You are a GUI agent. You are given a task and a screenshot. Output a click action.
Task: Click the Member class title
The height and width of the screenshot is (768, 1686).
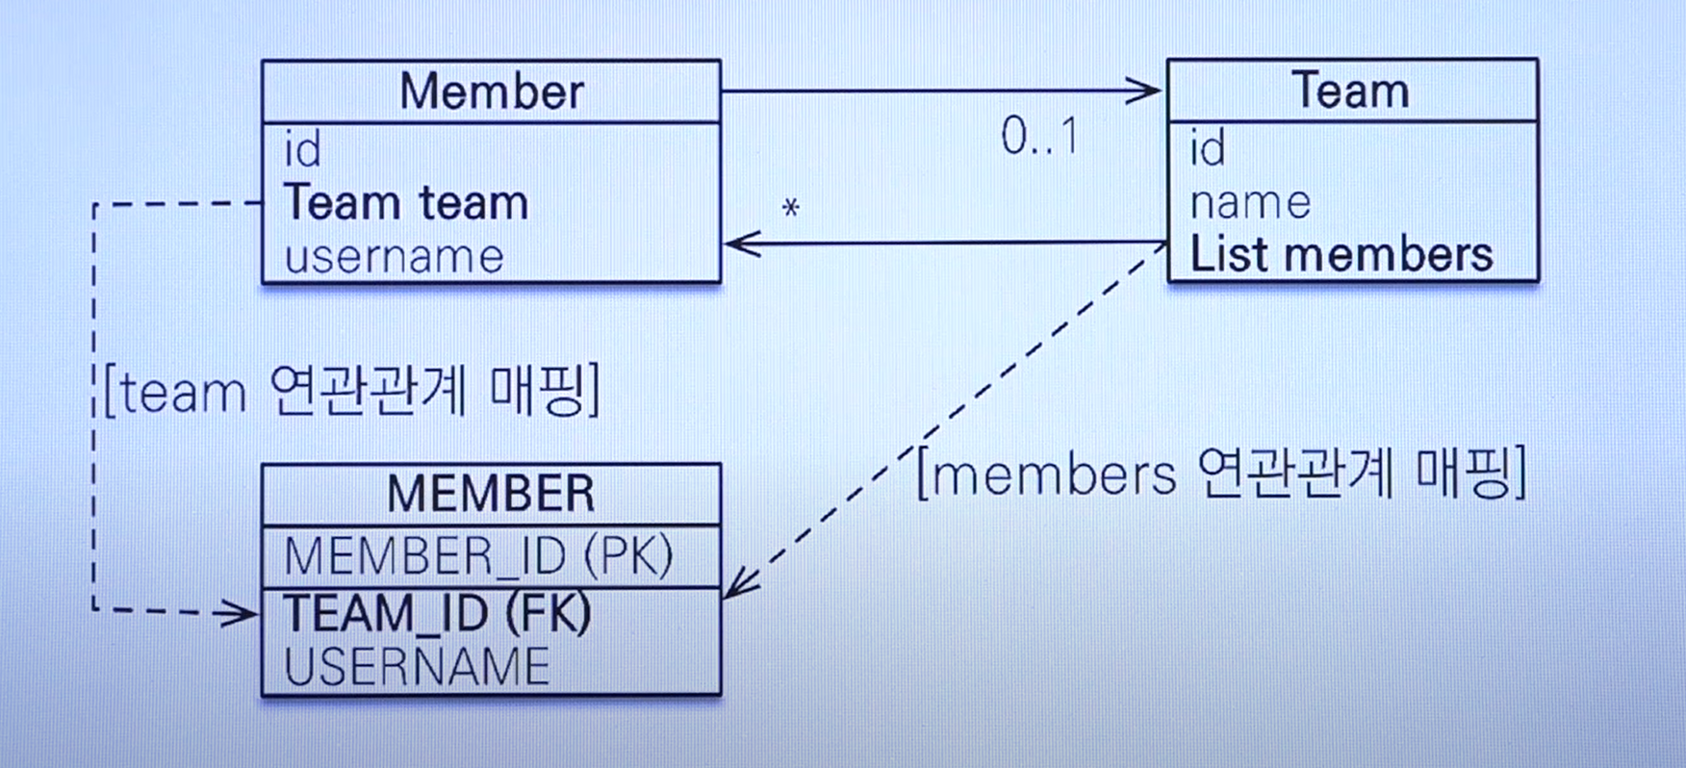[491, 92]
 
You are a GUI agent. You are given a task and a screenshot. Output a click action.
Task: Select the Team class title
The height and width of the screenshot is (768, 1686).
[1350, 91]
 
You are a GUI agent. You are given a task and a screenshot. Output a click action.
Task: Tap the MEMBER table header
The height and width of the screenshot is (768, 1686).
[491, 495]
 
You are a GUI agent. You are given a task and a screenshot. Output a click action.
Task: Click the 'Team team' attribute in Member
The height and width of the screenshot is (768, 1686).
[406, 203]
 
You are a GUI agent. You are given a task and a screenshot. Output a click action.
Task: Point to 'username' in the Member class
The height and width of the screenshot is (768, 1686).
[395, 257]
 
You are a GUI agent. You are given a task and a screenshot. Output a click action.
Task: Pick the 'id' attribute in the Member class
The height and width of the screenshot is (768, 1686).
[302, 150]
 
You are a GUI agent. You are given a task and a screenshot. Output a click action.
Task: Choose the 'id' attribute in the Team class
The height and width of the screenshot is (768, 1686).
[1208, 149]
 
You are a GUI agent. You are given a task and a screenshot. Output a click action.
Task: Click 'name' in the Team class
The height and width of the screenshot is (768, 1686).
[1250, 203]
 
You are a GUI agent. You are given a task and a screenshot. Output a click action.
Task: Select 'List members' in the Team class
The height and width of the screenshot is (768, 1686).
[1341, 256]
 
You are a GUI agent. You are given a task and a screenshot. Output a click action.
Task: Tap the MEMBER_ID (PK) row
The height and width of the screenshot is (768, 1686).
[478, 556]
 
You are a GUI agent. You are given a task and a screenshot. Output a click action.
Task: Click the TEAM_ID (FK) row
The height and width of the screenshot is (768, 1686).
[437, 614]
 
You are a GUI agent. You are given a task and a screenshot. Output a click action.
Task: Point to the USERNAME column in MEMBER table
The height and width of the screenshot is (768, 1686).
[417, 667]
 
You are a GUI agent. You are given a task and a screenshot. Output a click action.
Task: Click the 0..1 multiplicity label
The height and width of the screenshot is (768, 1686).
[1039, 136]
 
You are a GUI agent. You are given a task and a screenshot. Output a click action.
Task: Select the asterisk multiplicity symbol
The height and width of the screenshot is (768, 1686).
[791, 208]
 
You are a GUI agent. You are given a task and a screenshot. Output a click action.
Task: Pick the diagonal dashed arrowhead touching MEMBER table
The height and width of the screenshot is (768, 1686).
[739, 583]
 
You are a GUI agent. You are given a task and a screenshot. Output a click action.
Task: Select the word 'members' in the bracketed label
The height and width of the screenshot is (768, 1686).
[1054, 474]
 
